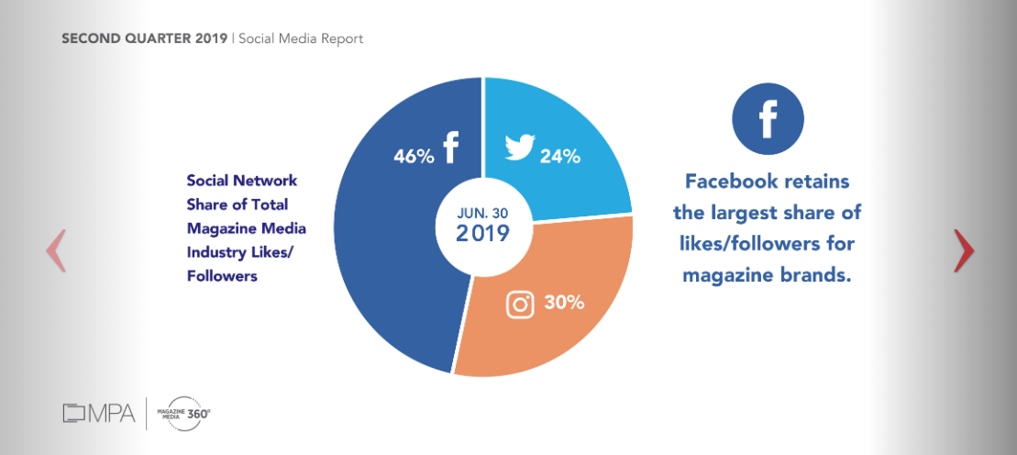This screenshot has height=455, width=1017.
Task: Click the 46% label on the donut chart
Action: point(414,155)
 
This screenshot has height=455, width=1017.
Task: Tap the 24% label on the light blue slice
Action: point(559,156)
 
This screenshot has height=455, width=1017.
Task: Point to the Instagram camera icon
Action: point(520,305)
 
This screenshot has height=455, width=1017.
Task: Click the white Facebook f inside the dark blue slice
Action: point(450,148)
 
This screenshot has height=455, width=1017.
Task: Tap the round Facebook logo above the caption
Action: point(768,120)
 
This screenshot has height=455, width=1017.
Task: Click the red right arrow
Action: point(963,250)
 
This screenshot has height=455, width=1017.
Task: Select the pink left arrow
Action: point(56,250)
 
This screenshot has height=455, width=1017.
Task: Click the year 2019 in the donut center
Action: point(482,233)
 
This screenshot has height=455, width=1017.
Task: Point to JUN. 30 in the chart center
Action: point(482,210)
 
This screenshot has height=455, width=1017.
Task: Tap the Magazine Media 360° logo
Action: point(184,414)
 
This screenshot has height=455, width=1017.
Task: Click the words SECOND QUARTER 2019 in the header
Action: point(145,39)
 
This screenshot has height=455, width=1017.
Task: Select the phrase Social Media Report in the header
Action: point(301,39)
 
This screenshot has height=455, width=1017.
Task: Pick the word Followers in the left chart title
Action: point(222,275)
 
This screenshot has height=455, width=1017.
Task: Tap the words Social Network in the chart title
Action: point(242,181)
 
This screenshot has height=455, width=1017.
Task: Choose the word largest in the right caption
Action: point(746,213)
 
